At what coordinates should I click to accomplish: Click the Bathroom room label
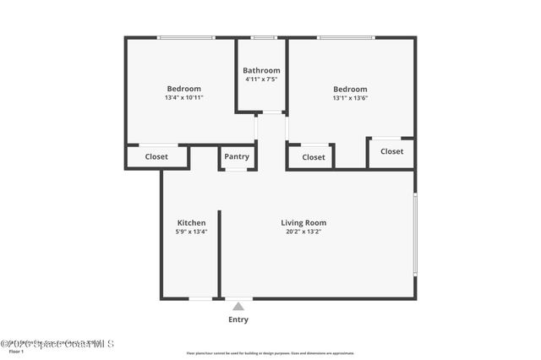261,70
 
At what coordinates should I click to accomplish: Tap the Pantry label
237,156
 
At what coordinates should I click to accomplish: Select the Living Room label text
303,223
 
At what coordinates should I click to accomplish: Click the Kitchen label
191,223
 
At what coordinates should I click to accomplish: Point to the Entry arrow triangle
238,306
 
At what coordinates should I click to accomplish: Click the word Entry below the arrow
238,319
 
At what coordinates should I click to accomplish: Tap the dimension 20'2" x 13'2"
303,232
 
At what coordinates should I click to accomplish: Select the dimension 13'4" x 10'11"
183,98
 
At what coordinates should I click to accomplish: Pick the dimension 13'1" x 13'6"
350,98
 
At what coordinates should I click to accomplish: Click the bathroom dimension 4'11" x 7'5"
261,79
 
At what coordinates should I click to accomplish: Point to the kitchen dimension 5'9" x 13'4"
191,232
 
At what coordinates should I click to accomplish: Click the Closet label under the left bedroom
156,156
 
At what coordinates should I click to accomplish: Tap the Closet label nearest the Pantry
314,156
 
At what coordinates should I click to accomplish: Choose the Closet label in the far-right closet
391,151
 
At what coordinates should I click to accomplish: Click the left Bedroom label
183,89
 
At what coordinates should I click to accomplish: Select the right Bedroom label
350,89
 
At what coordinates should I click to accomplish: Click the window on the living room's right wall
414,234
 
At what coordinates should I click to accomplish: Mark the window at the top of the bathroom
264,37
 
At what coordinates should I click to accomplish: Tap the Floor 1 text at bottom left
16,352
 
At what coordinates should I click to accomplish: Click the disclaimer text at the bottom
270,353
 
